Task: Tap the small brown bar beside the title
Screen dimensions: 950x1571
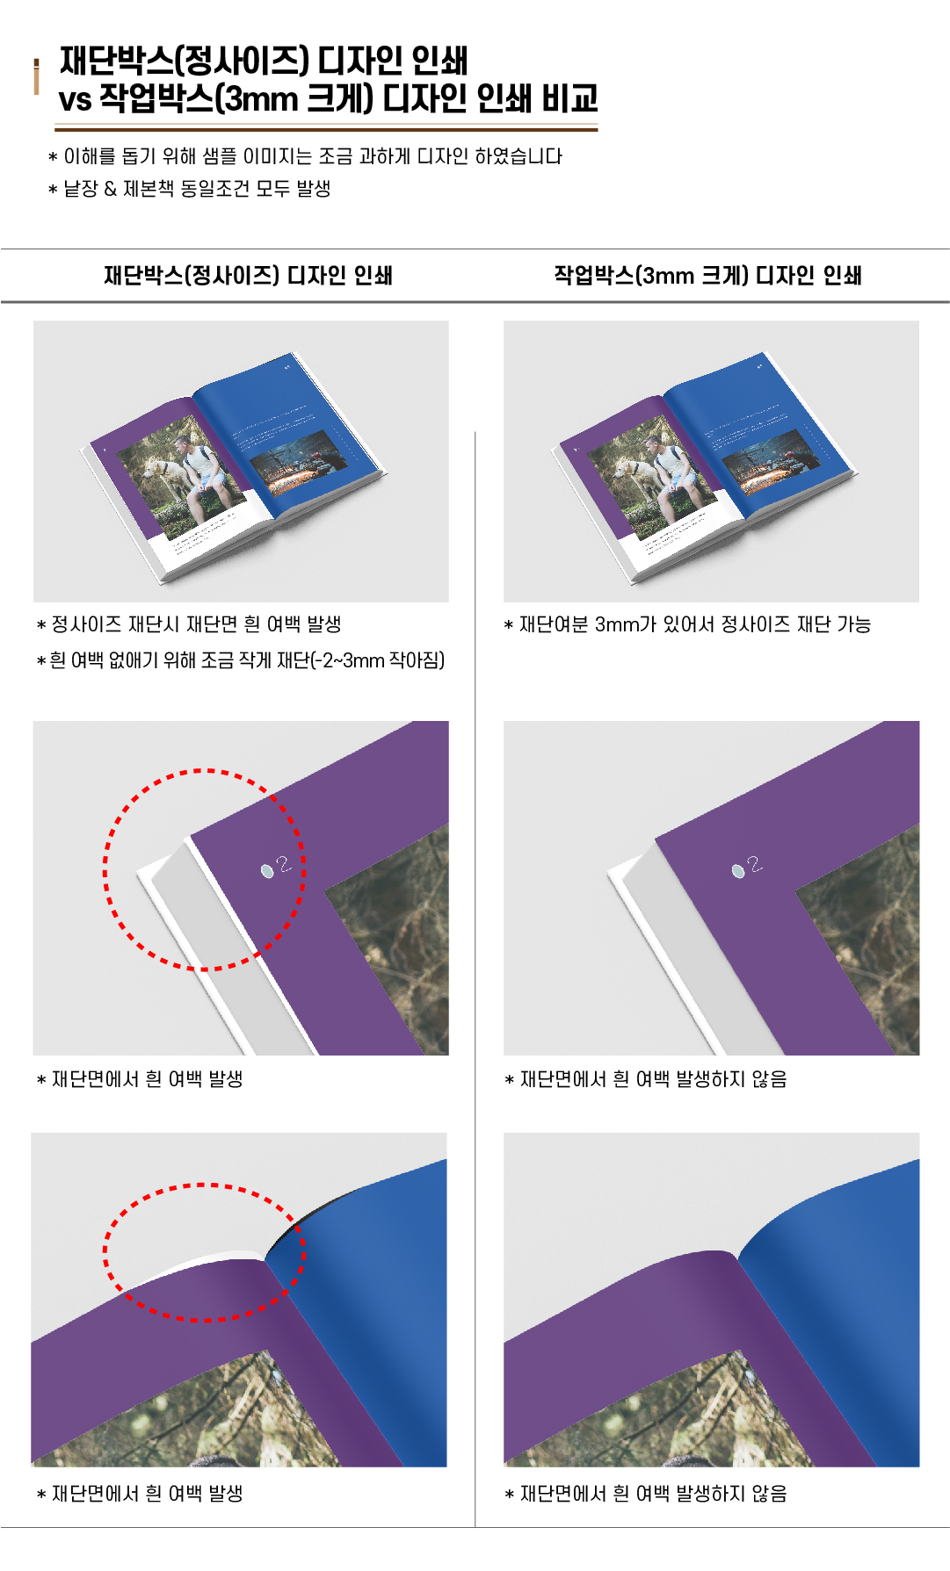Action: point(36,76)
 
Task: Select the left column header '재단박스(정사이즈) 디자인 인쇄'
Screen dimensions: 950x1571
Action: point(248,276)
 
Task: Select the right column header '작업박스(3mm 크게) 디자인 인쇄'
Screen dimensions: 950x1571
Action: point(707,276)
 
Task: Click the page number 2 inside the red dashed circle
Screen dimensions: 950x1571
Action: point(283,865)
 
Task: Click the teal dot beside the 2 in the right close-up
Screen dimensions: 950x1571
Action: point(738,870)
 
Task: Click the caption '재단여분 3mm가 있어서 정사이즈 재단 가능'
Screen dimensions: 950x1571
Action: point(687,624)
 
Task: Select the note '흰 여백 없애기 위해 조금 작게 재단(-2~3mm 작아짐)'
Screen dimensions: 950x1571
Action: point(241,660)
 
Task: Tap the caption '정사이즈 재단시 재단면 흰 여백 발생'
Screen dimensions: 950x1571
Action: point(189,624)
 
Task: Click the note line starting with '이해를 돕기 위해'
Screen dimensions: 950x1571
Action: point(305,156)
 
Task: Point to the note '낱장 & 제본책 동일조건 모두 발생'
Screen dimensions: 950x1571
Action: point(189,189)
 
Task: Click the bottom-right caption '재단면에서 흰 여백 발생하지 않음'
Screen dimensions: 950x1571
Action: point(646,1494)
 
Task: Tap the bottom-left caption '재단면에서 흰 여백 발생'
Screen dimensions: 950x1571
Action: point(140,1494)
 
